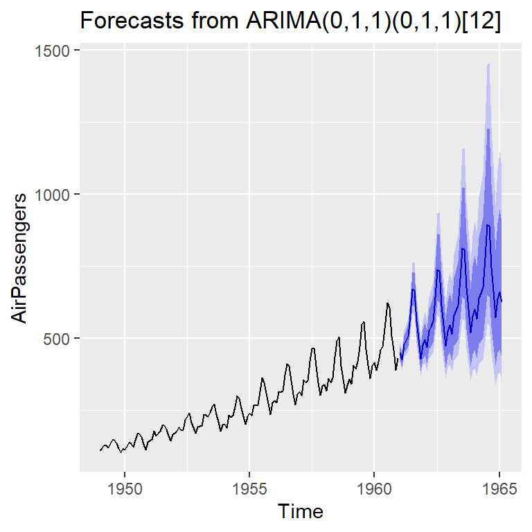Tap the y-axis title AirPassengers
19,257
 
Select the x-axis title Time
300,511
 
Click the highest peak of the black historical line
387,303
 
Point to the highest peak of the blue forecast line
488,224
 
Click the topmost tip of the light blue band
488,63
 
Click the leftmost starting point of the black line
100,450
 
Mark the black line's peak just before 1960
363,322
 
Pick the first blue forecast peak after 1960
413,289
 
